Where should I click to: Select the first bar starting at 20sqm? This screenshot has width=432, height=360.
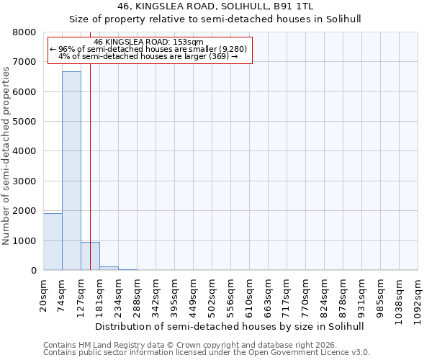point(53,242)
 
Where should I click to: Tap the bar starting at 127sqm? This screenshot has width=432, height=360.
point(90,256)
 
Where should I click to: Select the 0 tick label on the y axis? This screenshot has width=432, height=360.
point(33,271)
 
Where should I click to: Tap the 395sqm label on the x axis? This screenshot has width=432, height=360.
point(175,294)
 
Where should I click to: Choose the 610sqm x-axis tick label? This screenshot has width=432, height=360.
point(250,294)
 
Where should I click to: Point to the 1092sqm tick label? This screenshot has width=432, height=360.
point(418,297)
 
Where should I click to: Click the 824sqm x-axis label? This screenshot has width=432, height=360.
point(325,294)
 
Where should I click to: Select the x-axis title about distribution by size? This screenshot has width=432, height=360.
point(230,326)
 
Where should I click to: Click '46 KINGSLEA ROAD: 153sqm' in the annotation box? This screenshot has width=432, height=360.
point(149,42)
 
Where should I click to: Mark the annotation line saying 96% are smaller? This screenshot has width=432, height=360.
point(149,49)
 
